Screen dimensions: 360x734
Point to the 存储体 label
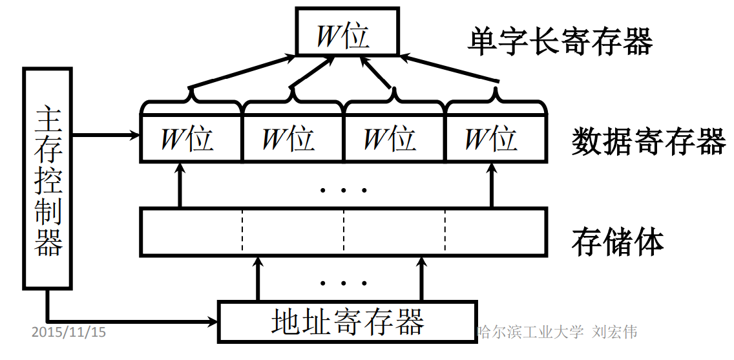pyautogui.click(x=617, y=242)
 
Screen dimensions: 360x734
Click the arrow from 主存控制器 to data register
pyautogui.click(x=107, y=135)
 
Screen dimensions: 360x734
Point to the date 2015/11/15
pyautogui.click(x=68, y=332)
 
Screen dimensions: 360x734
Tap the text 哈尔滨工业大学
pyautogui.click(x=530, y=332)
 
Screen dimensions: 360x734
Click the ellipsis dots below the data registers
pyautogui.click(x=343, y=190)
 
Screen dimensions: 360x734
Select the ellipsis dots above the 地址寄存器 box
pyautogui.click(x=343, y=283)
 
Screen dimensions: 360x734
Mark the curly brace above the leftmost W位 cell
pyautogui.click(x=191, y=100)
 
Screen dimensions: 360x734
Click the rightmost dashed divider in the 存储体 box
pyautogui.click(x=445, y=231)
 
